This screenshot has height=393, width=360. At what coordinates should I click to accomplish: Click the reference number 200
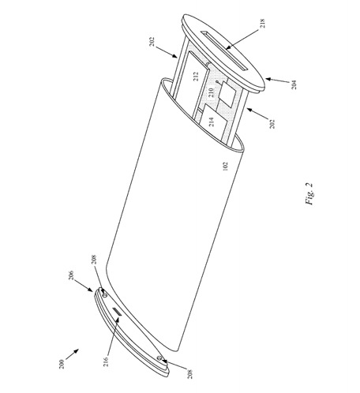click(62, 364)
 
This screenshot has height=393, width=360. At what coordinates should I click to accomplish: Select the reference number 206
click(71, 275)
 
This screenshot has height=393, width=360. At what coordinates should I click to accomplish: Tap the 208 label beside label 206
click(95, 260)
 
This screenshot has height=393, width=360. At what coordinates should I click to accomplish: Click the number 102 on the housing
click(226, 167)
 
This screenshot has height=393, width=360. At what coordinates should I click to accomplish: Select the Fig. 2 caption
click(309, 194)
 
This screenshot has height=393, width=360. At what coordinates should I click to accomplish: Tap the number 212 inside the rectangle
click(196, 77)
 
